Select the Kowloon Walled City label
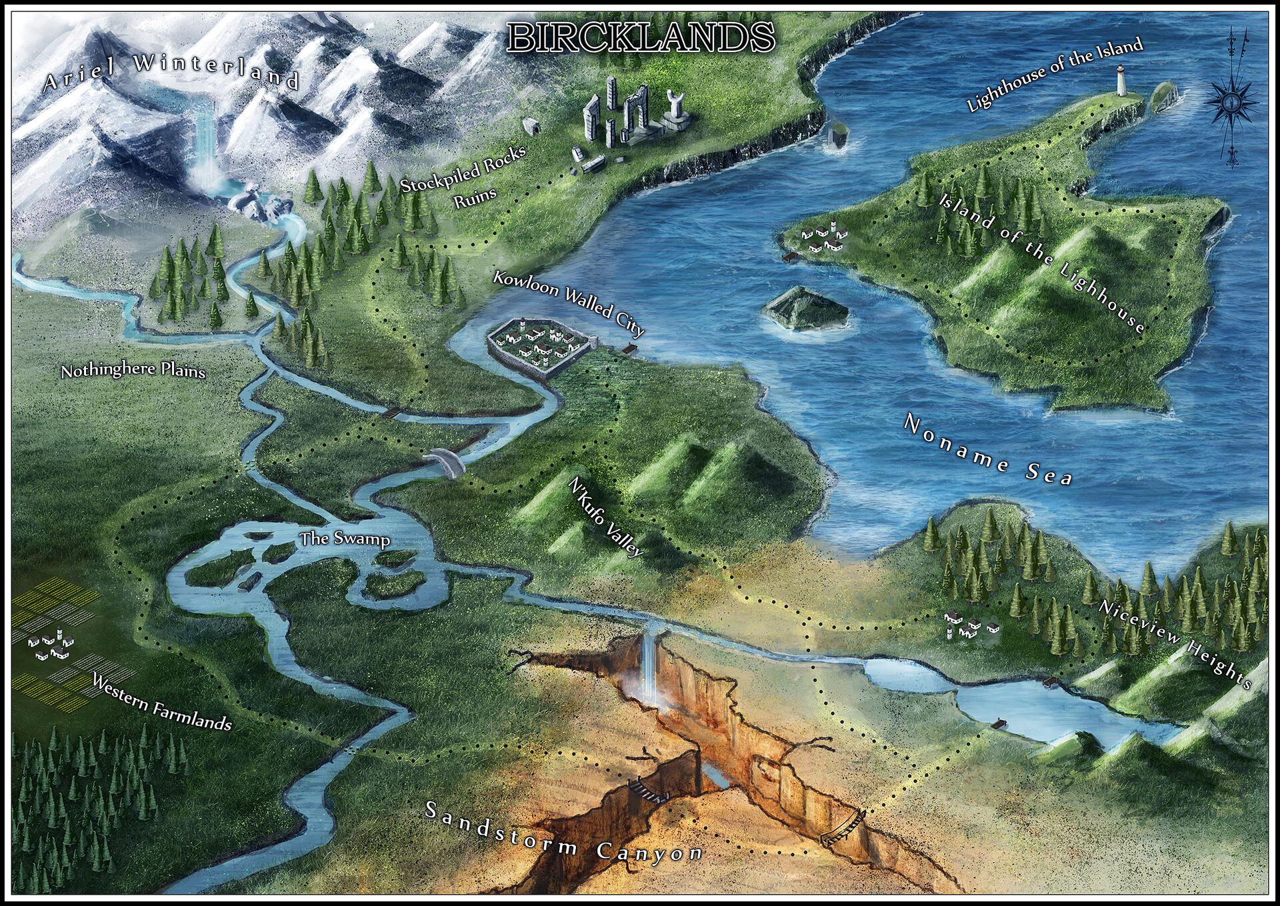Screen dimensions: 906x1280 pyautogui.click(x=569, y=303)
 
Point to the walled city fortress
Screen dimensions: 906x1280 pyautogui.click(x=537, y=347)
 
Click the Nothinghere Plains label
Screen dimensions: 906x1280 pyautogui.click(x=133, y=370)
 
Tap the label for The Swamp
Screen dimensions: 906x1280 pyautogui.click(x=344, y=539)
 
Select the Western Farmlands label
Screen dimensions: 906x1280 pyautogui.click(x=161, y=702)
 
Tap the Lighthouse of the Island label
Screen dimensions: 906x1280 pyautogui.click(x=1054, y=73)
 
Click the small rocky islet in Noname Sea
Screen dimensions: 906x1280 pyautogui.click(x=805, y=308)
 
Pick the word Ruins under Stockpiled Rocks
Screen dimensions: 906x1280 pyautogui.click(x=475, y=197)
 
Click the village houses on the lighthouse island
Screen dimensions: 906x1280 pyautogui.click(x=825, y=239)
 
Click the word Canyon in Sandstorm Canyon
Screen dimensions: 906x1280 pyautogui.click(x=650, y=853)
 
